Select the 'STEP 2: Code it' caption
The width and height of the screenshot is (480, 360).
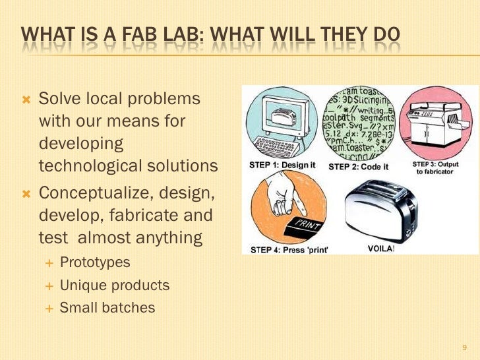358,166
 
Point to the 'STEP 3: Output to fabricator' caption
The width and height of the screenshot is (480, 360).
435,167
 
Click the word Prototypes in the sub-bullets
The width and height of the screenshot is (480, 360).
95,262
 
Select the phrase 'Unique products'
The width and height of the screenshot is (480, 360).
115,285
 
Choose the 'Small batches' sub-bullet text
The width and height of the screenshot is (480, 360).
107,308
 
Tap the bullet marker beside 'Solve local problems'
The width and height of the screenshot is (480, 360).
27,100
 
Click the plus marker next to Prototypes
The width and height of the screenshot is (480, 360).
48,263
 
